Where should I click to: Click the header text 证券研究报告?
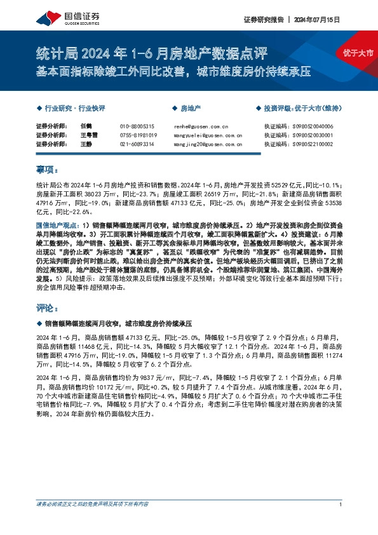tap(263, 20)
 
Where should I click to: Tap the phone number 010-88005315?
tap(137, 126)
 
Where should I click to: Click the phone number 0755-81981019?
tap(138, 135)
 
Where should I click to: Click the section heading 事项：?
tap(47, 170)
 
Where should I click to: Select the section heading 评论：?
tap(47, 308)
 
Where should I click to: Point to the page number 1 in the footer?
tap(341, 522)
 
